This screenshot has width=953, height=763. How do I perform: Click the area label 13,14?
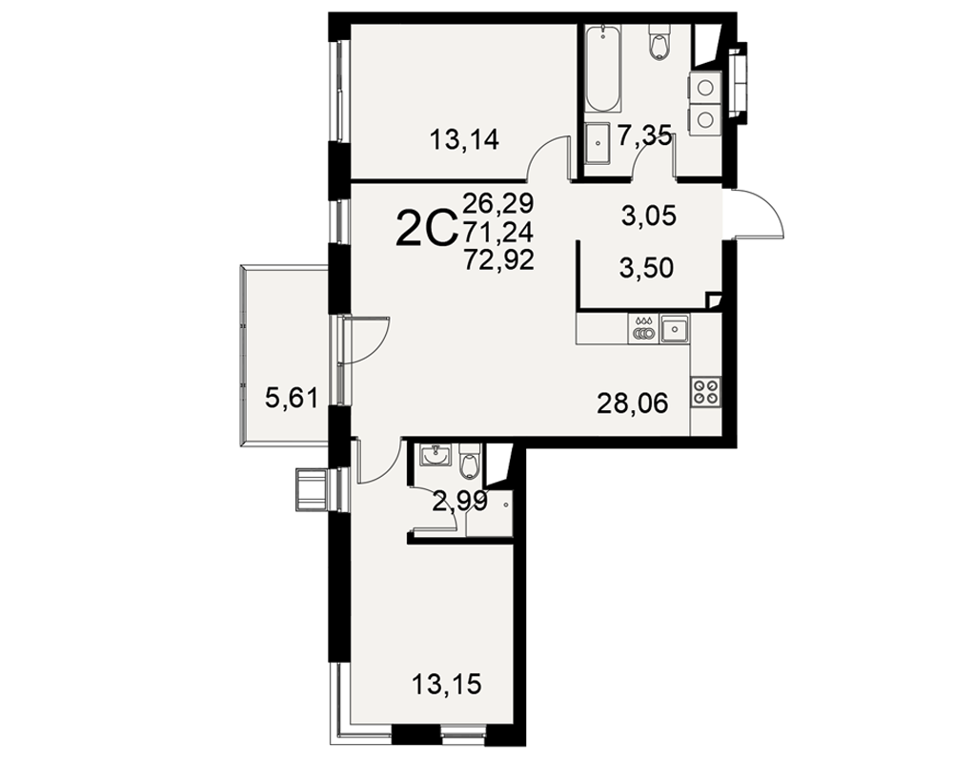click(x=464, y=140)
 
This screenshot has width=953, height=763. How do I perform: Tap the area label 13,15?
click(x=447, y=685)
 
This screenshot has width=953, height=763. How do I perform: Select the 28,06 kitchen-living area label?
click(x=632, y=402)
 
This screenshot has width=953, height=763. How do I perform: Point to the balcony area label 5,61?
click(x=292, y=400)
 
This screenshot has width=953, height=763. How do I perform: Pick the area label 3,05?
click(x=649, y=216)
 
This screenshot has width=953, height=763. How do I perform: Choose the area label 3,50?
click(x=647, y=268)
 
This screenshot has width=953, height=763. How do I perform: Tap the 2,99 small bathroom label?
click(x=459, y=502)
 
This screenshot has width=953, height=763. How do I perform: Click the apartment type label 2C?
click(x=425, y=228)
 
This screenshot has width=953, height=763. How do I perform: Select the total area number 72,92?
click(x=498, y=260)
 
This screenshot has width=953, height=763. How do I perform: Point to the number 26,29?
click(x=498, y=202)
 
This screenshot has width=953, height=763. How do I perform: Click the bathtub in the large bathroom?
click(x=603, y=69)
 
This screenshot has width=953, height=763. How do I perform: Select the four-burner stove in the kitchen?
click(x=705, y=391)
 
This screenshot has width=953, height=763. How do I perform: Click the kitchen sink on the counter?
click(x=676, y=329)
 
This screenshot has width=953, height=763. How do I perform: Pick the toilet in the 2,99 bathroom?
click(x=471, y=461)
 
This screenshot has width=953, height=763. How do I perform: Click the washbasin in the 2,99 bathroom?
click(x=436, y=454)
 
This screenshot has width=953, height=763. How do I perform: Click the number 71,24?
click(x=498, y=231)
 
